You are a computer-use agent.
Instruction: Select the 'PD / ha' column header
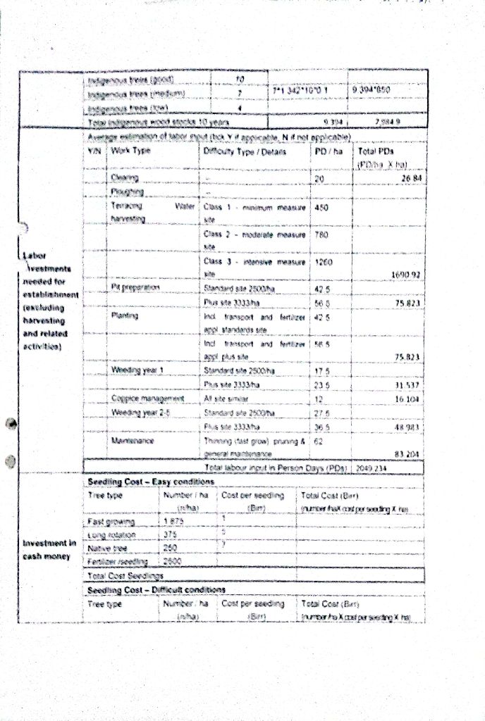(x=324, y=151)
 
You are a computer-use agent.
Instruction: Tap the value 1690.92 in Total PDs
(x=404, y=275)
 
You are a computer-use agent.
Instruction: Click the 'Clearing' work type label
(x=124, y=178)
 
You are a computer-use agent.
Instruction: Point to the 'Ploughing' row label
(x=127, y=192)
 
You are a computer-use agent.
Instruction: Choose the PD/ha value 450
(x=322, y=208)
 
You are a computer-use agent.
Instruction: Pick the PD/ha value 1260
(x=324, y=261)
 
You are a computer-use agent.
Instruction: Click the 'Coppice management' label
(x=142, y=398)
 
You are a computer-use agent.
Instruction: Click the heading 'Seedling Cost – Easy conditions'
(x=150, y=482)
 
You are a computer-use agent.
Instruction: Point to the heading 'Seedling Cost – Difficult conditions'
(x=156, y=589)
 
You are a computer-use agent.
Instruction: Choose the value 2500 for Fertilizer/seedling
(x=173, y=561)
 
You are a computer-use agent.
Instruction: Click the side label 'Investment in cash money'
(x=49, y=549)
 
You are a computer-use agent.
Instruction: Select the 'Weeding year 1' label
(x=137, y=370)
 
